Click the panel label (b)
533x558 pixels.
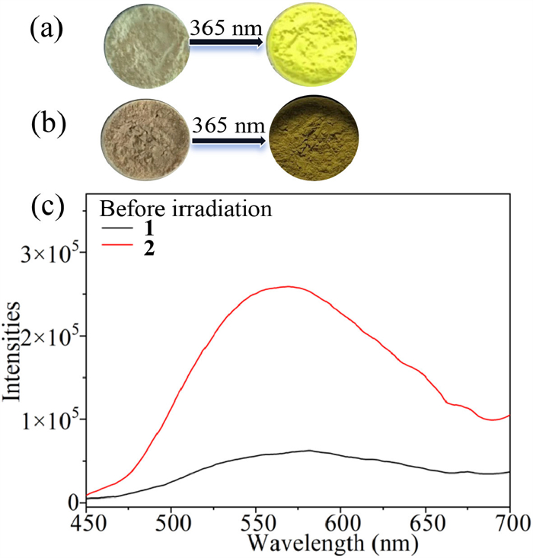[x=46, y=123]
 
